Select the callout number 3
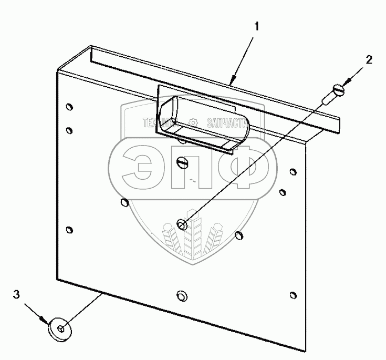(x=16, y=295)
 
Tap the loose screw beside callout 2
(x=334, y=95)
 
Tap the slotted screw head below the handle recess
(x=183, y=162)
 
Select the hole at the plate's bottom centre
(x=182, y=295)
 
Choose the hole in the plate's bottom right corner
(x=293, y=297)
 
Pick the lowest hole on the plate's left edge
(x=70, y=230)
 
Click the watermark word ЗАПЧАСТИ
(x=227, y=122)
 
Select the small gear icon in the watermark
(x=193, y=122)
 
